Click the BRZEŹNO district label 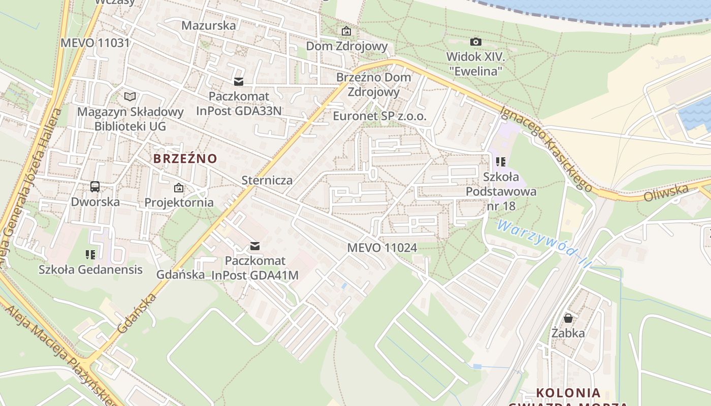185,158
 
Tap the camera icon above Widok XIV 475,42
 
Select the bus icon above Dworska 95,187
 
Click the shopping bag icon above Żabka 568,318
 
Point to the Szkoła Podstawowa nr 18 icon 501,162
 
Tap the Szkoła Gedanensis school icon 90,254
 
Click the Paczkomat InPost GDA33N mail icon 239,82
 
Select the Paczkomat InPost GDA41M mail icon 255,246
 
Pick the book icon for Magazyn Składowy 130,96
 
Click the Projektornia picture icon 179,188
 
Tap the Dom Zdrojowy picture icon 346,31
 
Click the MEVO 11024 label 382,248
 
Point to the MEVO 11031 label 95,43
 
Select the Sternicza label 267,180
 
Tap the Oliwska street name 666,193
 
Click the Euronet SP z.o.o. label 380,116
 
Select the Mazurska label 209,25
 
